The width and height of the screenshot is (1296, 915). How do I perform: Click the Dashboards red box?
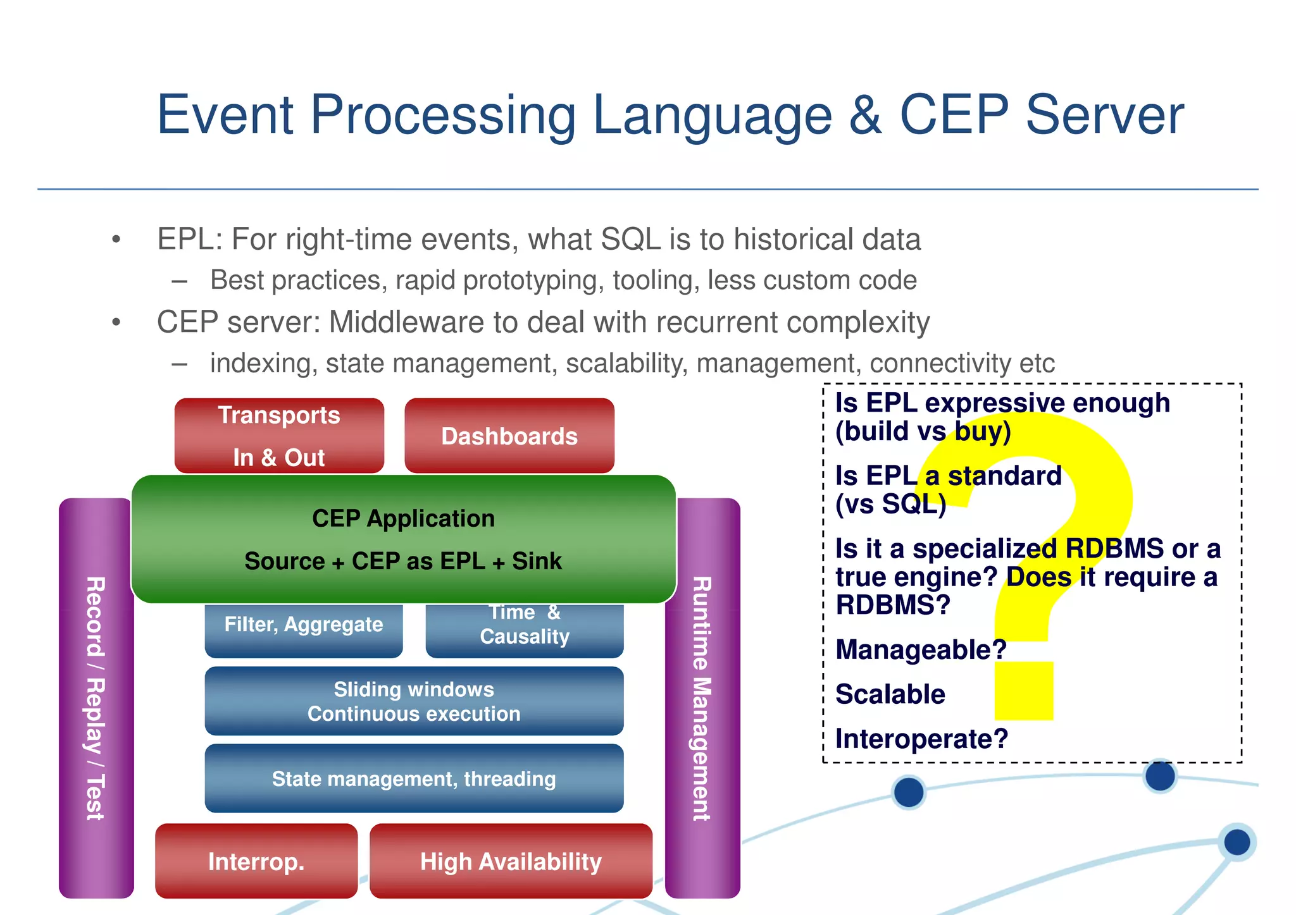pyautogui.click(x=509, y=436)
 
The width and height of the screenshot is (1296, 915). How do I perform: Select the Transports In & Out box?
pyautogui.click(x=279, y=436)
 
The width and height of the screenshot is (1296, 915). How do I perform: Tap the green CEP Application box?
pyautogui.click(x=404, y=539)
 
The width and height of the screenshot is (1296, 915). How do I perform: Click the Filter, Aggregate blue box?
pyautogui.click(x=304, y=626)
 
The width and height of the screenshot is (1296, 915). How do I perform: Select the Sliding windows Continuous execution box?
pyautogui.click(x=414, y=701)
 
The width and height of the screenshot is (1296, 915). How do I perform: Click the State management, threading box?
pyautogui.click(x=414, y=778)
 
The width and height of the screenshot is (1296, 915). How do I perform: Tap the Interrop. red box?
pyautogui.click(x=256, y=861)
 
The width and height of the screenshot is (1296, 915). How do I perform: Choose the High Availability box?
pyautogui.click(x=511, y=861)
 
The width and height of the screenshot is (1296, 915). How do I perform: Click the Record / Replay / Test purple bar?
pyautogui.click(x=96, y=698)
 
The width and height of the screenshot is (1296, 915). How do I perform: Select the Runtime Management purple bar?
pyautogui.click(x=702, y=698)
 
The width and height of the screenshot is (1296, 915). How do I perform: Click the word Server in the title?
pyautogui.click(x=1105, y=115)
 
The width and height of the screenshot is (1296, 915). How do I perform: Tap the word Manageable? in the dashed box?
pyautogui.click(x=920, y=650)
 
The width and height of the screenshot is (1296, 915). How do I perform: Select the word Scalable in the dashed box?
pyautogui.click(x=890, y=694)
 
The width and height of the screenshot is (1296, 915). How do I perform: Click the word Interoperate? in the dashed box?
pyautogui.click(x=921, y=739)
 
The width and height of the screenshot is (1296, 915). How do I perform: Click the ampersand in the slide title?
pyautogui.click(x=865, y=115)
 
